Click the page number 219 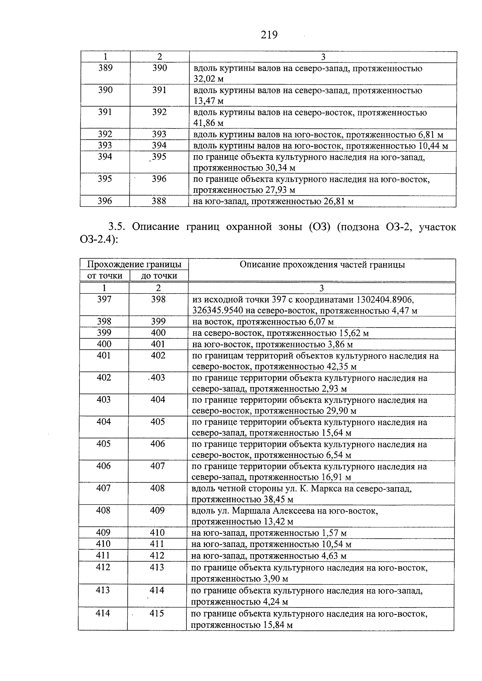tap(269, 35)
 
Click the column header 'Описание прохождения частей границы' tap(322, 265)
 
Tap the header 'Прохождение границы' tap(134, 264)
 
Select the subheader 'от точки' tap(104, 276)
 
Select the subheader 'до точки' tap(159, 276)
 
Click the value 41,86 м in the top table tap(208, 123)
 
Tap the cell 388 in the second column tap(159, 201)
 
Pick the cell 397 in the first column tap(104, 299)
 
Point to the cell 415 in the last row tap(157, 614)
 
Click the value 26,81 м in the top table tap(338, 201)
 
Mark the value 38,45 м tap(278, 500)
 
